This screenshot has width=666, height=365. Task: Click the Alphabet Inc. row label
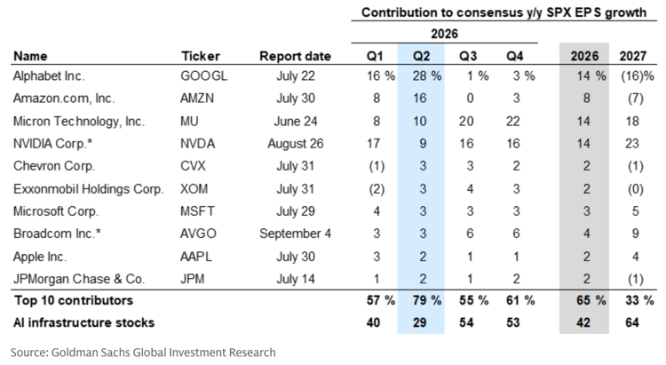[x=49, y=76]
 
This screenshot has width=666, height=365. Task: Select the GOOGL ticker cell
[x=204, y=76]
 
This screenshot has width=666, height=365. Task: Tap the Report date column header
[x=295, y=56]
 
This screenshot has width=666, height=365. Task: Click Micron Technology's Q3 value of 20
[x=466, y=121]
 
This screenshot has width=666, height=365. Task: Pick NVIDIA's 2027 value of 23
[x=632, y=144]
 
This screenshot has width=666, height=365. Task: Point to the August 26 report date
[x=296, y=144]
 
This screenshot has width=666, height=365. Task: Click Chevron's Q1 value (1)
[x=377, y=166]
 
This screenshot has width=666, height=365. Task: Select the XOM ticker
[x=194, y=188]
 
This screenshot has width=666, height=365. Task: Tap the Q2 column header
[x=421, y=56]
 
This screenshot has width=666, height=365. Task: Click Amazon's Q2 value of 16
[x=420, y=99]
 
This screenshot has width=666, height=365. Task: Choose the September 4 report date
[x=295, y=234]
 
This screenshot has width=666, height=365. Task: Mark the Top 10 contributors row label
[x=74, y=300]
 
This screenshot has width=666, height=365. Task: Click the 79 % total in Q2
[x=427, y=300]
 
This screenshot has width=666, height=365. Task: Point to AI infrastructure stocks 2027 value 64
[x=632, y=322]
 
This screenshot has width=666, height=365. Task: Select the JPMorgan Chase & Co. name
[x=79, y=279]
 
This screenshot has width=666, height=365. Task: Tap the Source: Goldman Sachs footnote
[x=143, y=353]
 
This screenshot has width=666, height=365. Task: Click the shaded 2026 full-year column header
[x=584, y=56]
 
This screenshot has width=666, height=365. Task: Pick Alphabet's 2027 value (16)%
[x=638, y=76]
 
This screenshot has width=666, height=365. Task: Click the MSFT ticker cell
[x=197, y=211]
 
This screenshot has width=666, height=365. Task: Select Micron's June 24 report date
[x=296, y=121]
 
